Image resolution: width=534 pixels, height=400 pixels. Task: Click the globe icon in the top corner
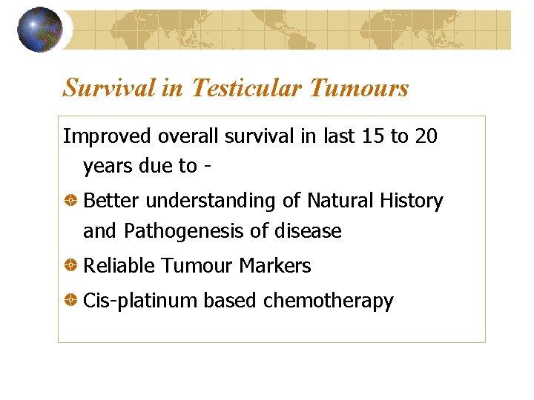click(x=39, y=30)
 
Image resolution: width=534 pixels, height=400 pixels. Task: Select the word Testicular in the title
click(x=246, y=88)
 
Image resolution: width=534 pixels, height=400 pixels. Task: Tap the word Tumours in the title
click(x=358, y=88)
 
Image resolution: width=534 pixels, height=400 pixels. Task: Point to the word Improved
click(x=101, y=136)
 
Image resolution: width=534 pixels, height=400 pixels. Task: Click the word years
click(x=108, y=166)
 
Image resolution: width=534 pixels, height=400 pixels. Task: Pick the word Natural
click(x=340, y=201)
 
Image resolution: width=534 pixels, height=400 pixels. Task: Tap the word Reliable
click(x=119, y=266)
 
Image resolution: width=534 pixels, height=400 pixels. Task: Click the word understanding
click(x=223, y=201)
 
